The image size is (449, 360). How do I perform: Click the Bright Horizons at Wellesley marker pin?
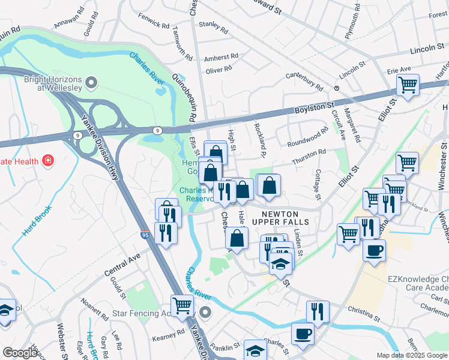[x=91, y=82]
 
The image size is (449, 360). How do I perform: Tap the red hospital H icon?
[x=47, y=161]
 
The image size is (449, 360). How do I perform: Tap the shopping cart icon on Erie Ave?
[x=408, y=85]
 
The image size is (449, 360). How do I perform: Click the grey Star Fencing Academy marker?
[x=206, y=312]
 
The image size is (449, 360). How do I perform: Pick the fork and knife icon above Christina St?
[x=318, y=311]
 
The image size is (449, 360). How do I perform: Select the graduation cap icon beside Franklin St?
[x=255, y=350]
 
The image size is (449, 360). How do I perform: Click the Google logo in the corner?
[x=20, y=353]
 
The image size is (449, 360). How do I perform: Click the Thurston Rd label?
[x=309, y=157]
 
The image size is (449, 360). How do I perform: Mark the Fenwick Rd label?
[x=153, y=22]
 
